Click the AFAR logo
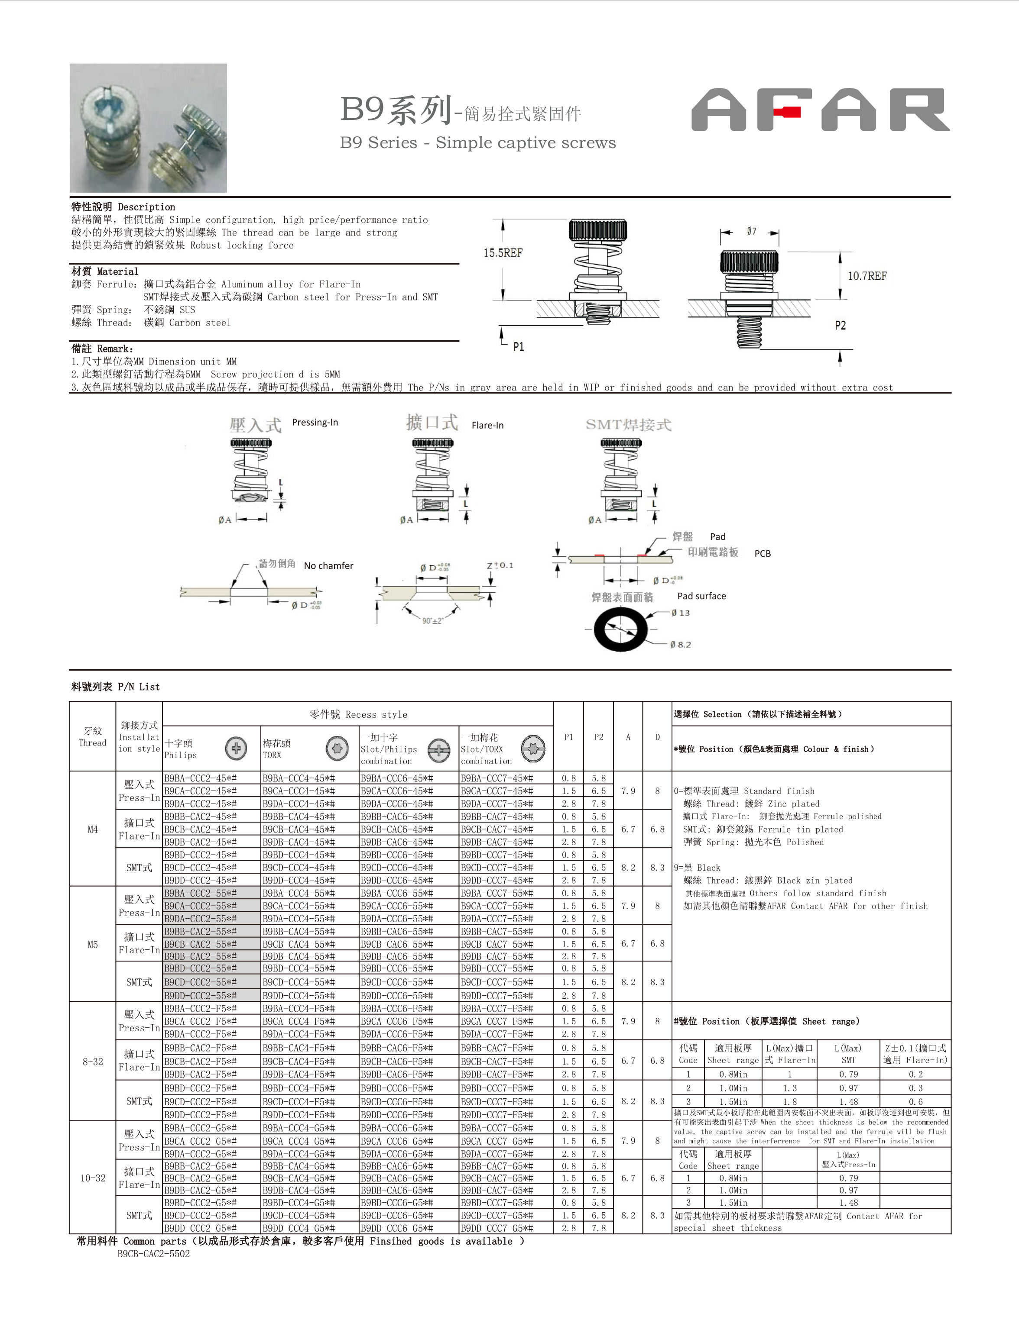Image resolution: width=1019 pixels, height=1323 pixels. [820, 110]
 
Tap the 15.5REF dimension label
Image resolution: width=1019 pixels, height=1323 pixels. [503, 252]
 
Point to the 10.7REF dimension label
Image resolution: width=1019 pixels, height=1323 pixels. [867, 276]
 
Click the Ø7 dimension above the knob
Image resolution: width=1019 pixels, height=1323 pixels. [751, 232]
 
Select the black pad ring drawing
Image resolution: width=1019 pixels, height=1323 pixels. [621, 629]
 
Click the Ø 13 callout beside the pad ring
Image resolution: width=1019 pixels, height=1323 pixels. [681, 613]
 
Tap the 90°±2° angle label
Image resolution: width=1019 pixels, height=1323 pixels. [432, 621]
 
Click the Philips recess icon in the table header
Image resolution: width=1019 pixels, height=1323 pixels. [236, 748]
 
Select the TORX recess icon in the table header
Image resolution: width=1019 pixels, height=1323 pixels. [337, 748]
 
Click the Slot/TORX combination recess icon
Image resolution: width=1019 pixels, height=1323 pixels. [533, 748]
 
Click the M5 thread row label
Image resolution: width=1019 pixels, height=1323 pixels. [92, 944]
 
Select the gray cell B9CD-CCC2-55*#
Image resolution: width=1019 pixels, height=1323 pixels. [201, 982]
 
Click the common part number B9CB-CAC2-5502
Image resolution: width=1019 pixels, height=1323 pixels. [153, 1254]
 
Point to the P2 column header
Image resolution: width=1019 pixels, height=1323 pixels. [598, 737]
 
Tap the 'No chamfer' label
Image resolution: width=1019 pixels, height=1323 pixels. [328, 566]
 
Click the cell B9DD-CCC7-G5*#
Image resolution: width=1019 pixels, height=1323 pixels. [497, 1228]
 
